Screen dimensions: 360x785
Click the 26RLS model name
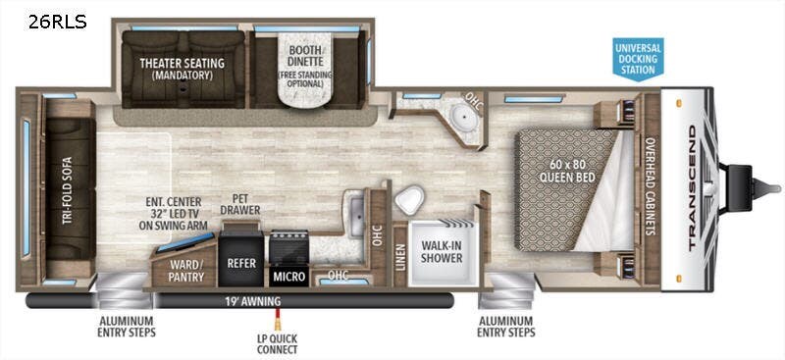point(57,20)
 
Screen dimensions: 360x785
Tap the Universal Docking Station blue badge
point(638,58)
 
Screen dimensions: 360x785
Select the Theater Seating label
point(181,70)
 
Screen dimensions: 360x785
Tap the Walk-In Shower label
point(442,252)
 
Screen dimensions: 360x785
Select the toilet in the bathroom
point(409,201)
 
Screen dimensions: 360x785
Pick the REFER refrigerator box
point(240,264)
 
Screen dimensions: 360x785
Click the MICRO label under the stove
point(290,277)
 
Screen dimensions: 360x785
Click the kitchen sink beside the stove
point(354,209)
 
